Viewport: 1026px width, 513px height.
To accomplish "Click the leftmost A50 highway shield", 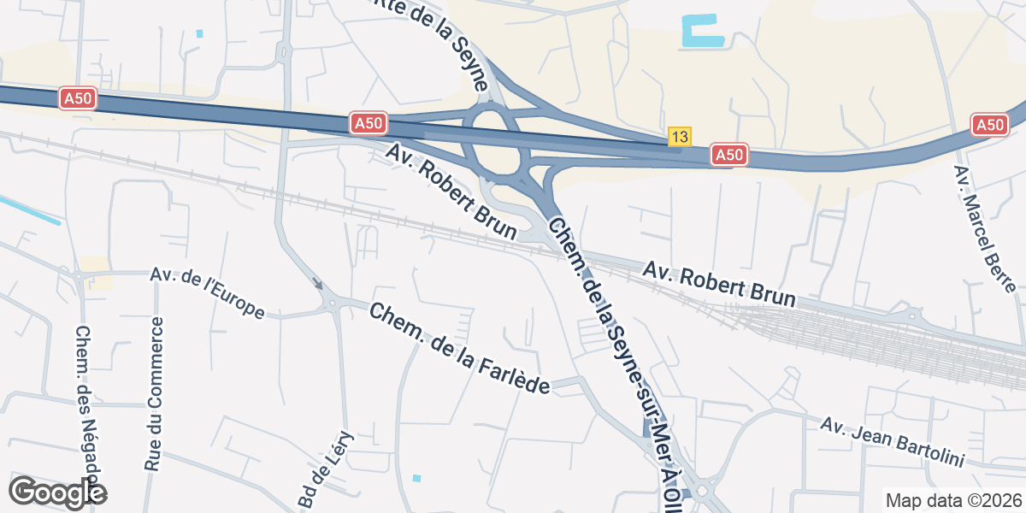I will [78, 99].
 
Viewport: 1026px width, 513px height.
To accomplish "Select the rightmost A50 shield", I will [989, 125].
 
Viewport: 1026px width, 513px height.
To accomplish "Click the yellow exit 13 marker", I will [680, 137].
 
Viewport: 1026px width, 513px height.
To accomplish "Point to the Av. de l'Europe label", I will [207, 292].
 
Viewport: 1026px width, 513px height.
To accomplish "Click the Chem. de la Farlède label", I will [459, 349].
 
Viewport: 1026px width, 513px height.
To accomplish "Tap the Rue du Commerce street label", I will [154, 393].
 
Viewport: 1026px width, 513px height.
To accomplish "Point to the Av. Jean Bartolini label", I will [893, 442].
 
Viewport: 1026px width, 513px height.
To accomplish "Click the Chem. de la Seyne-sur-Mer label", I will [616, 359].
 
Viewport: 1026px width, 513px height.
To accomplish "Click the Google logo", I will [57, 492].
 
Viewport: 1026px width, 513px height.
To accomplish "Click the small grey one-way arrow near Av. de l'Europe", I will [318, 284].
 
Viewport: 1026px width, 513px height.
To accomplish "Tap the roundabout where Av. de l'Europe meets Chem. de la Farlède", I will [333, 304].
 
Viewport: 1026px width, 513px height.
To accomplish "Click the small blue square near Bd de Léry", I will [416, 478].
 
